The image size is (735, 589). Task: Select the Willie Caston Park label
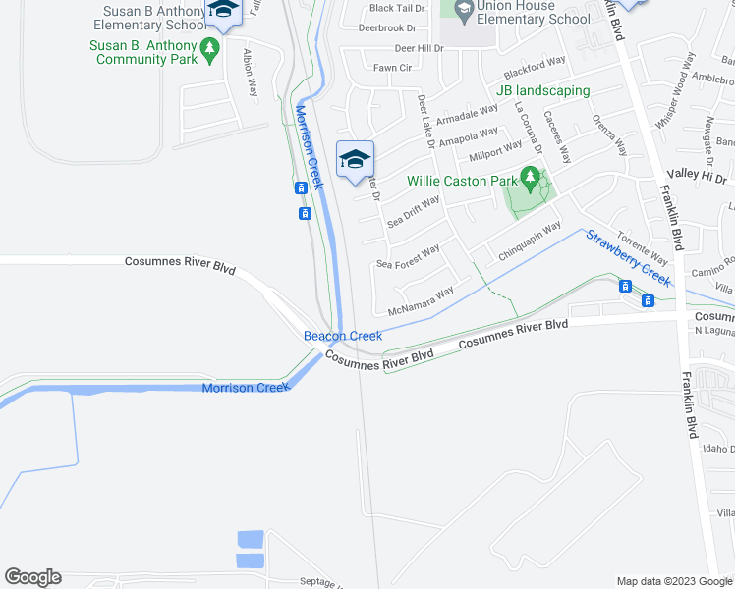click(462, 181)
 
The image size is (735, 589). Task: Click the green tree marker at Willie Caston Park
click(531, 179)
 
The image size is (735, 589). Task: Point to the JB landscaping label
click(543, 91)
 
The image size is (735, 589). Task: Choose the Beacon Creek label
click(342, 336)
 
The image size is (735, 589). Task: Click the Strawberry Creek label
click(628, 257)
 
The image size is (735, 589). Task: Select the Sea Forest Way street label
click(408, 257)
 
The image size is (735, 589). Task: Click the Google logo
click(32, 577)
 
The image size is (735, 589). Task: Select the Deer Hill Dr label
click(420, 47)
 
